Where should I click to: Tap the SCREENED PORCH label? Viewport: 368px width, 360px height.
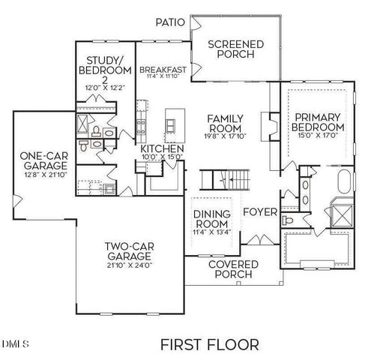235,49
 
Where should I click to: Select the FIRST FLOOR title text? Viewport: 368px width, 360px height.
209,344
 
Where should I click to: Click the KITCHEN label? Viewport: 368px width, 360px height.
162,148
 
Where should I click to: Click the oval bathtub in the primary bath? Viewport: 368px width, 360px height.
344,183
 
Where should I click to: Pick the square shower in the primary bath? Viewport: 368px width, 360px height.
342,214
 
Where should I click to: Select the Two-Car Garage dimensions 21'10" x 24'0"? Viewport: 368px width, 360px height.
128,265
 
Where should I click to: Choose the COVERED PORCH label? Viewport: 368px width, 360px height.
233,270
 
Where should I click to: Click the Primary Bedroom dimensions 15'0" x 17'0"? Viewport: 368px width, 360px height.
317,136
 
